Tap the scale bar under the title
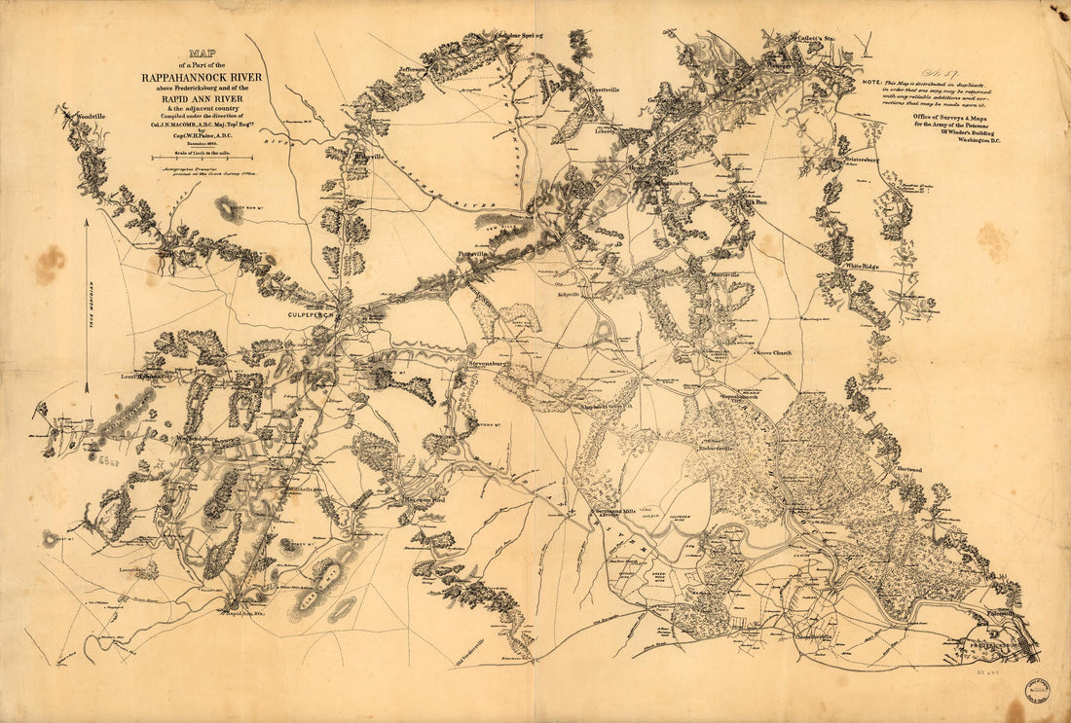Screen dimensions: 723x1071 [202, 157]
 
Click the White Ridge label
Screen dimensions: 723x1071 [863, 266]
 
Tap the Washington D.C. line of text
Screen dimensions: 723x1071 [979, 141]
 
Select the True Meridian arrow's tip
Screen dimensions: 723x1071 [86, 222]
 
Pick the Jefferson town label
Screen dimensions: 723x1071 [413, 70]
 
